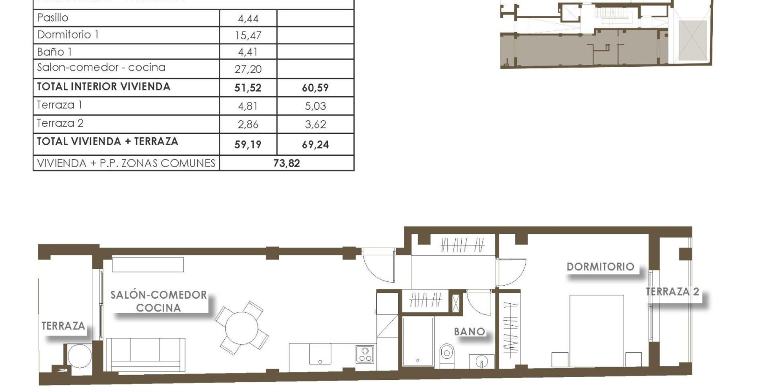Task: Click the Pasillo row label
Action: pos(53,18)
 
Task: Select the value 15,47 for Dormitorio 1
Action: pos(248,35)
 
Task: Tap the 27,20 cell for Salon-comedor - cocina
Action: pos(248,69)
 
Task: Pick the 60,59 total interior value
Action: pos(315,88)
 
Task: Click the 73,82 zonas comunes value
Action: pos(286,163)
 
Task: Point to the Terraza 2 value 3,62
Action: pos(315,125)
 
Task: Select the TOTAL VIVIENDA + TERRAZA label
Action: pos(107,141)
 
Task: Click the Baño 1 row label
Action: pos(54,52)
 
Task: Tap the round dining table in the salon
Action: pos(241,328)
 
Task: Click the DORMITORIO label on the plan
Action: pos(600,266)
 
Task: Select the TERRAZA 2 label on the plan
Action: pos(672,292)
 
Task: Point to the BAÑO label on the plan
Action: pos(469,331)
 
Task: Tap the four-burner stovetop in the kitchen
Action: pos(365,354)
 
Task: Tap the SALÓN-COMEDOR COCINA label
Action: pos(159,301)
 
